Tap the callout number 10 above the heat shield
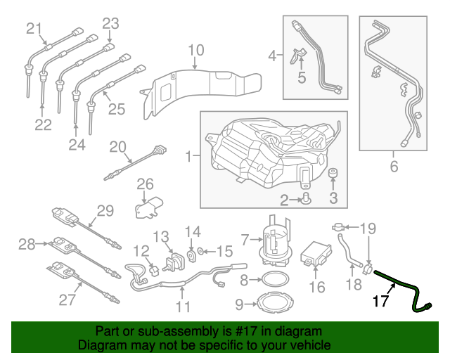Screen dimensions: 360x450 195,50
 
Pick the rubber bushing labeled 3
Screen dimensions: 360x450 333,174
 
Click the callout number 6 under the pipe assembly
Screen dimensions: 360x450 394,167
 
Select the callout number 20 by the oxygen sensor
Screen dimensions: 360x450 117,146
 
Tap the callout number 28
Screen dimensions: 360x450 27,245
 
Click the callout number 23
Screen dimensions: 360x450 110,23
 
